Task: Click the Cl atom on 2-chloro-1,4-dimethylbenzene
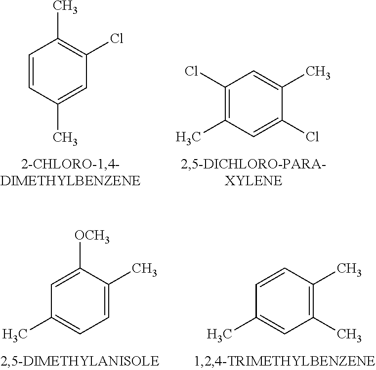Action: coord(116,39)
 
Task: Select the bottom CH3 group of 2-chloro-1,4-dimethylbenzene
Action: coord(65,136)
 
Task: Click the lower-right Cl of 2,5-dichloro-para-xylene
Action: coord(312,136)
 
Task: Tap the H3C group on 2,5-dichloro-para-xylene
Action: coord(188,137)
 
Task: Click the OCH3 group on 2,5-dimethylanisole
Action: coord(92,236)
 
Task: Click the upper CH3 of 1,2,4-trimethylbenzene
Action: coord(349,269)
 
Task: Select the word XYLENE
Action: coord(253,181)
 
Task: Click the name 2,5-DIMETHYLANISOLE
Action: coord(80,360)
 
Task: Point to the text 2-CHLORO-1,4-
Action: coord(71,164)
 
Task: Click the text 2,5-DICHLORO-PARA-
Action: coord(253,164)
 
